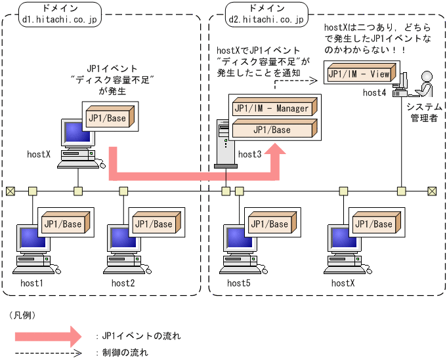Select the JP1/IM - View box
360,73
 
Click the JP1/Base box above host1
64,224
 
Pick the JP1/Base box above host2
154,224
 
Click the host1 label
32,283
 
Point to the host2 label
123,283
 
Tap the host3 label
250,154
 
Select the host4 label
375,93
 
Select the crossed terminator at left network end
10,191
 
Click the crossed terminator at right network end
432,191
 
